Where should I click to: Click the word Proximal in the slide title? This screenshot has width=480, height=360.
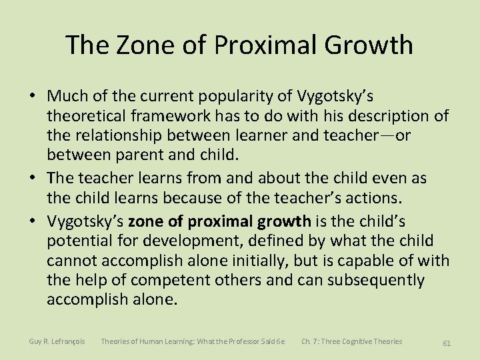click(x=260, y=45)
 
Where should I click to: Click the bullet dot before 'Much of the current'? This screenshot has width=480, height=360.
click(x=32, y=97)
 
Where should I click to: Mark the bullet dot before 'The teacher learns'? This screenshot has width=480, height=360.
click(x=32, y=179)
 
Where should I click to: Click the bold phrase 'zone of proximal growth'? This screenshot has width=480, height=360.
click(x=219, y=221)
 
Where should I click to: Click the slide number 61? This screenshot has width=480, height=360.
click(x=447, y=343)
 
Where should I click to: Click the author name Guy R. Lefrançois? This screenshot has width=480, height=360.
click(x=57, y=341)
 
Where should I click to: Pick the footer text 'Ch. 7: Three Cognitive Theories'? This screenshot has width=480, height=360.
click(x=351, y=341)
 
